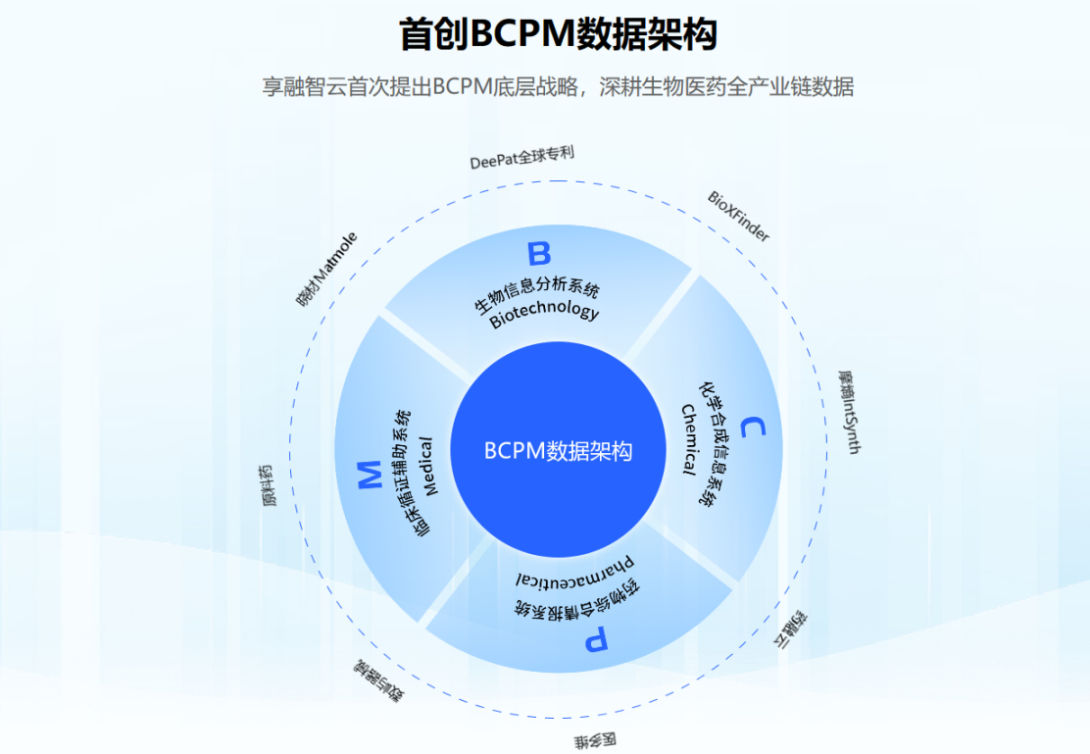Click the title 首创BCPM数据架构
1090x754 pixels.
click(558, 34)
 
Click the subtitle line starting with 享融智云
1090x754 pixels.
click(558, 86)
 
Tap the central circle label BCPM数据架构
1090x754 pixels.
click(558, 451)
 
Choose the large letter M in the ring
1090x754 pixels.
click(370, 477)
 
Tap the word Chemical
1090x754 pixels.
click(690, 437)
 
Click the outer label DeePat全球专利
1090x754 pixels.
click(521, 158)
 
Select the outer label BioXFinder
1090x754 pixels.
click(738, 216)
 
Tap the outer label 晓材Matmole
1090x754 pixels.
click(326, 268)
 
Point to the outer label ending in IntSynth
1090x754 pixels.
click(849, 412)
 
